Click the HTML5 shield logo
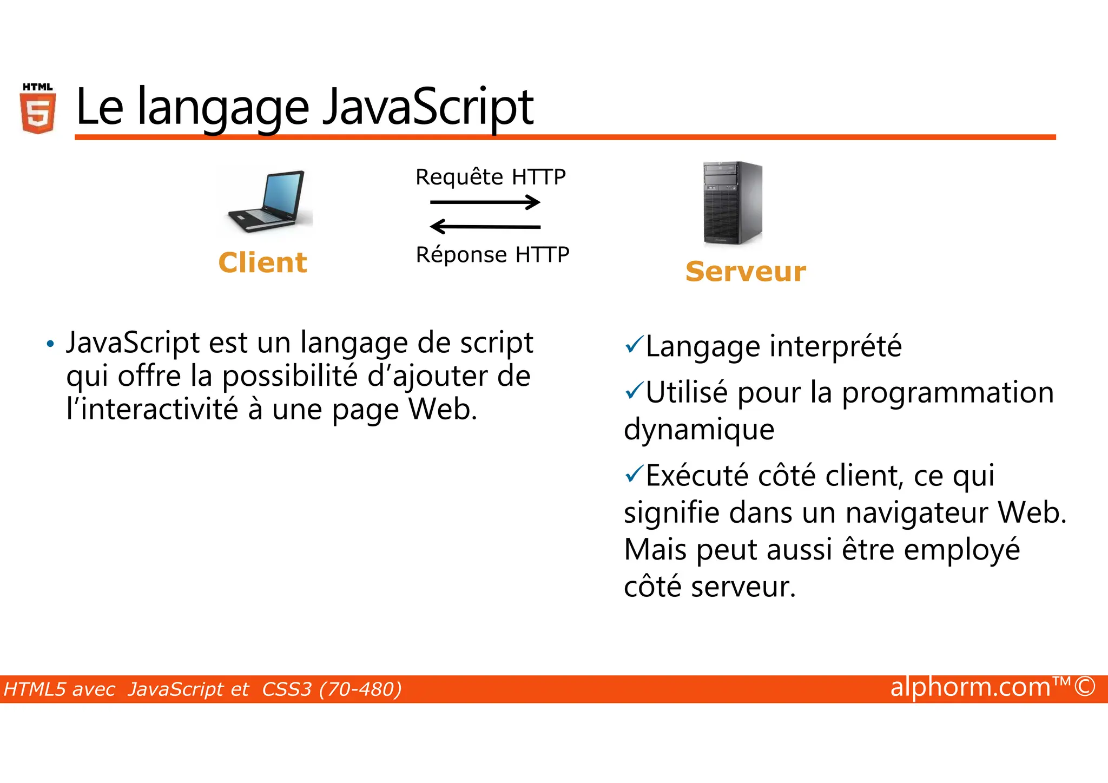tap(38, 110)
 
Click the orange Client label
tap(262, 263)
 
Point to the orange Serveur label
tap(746, 272)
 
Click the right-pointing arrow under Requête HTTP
tap(485, 202)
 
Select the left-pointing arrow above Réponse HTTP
tap(485, 226)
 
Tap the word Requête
tap(459, 177)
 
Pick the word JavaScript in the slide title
tap(427, 107)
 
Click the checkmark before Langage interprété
tap(634, 344)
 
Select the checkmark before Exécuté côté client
tap(634, 473)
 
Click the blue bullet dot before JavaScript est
tap(50, 344)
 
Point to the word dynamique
tap(699, 430)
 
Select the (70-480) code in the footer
tap(360, 689)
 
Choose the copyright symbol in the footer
tap(1085, 687)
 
